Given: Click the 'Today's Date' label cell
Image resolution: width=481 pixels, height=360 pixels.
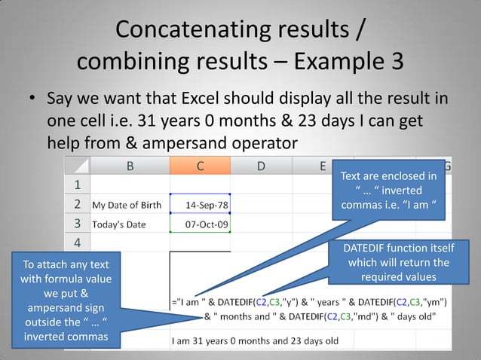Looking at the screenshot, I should pos(121,224).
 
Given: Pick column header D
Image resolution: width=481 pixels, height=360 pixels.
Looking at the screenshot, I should pos(260,166).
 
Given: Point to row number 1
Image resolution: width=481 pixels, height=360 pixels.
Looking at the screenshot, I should pos(76,185).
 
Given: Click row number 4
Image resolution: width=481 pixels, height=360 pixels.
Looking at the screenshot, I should pos(76,243).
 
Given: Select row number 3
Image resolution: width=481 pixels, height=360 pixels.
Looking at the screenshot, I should pos(76,224).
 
